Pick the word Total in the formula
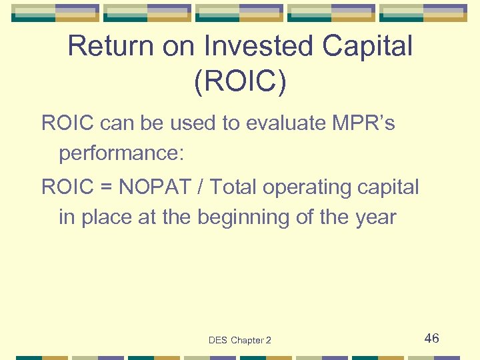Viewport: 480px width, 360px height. (233, 188)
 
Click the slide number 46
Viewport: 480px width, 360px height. (431, 339)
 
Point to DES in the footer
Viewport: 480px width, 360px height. (218, 340)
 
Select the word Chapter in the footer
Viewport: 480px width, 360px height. (247, 340)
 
